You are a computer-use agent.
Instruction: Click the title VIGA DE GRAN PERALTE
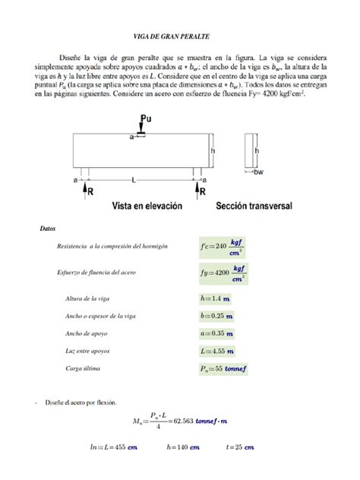point(180,36)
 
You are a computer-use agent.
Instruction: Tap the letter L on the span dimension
point(134,179)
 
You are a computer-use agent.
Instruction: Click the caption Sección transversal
point(257,205)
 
